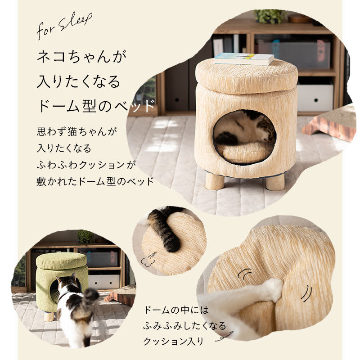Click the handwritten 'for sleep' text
tap(64, 26)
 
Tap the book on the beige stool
tap(244, 59)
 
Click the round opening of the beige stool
tap(245, 136)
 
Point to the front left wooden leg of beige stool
tap(215, 181)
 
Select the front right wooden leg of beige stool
tap(275, 182)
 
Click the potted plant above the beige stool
tap(270, 16)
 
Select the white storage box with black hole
tap(315, 98)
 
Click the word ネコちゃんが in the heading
tap(81, 57)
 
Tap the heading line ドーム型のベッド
tap(96, 106)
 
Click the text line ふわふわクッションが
tap(86, 165)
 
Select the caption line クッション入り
tap(174, 341)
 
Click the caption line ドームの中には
tap(176, 310)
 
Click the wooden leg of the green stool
tap(49, 316)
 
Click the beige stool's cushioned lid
tap(247, 75)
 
